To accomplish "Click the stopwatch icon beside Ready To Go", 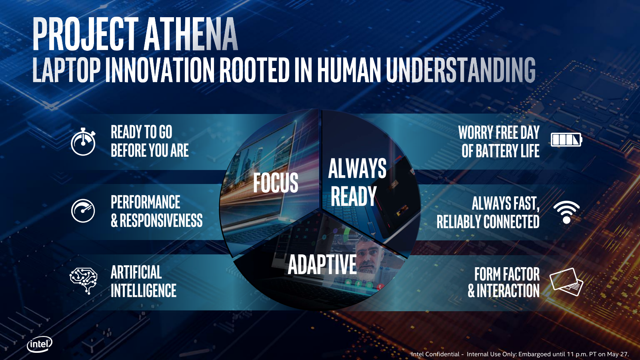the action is [x=83, y=142].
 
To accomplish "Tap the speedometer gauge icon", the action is [x=83, y=211].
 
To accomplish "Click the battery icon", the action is [x=566, y=140].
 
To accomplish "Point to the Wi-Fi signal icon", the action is [x=566, y=212].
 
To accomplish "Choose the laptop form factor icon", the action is [x=566, y=282].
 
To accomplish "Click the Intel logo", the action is [x=40, y=344].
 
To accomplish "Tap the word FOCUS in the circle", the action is [x=276, y=182].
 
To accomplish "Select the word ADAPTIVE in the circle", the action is [x=322, y=264].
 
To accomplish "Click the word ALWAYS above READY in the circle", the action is [x=357, y=168].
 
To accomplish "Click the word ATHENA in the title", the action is [x=190, y=34].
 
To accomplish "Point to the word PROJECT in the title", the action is [x=86, y=34].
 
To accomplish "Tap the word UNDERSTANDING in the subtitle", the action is [x=460, y=70].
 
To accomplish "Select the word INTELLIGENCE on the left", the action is [x=144, y=290].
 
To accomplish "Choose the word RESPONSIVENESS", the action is [x=161, y=220].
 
